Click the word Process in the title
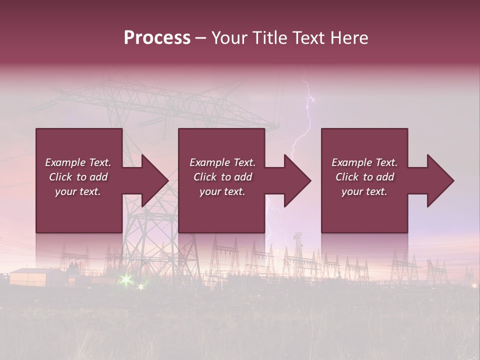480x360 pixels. pyautogui.click(x=157, y=38)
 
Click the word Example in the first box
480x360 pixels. pyautogui.click(x=65, y=162)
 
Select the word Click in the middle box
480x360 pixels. pyautogui.click(x=205, y=177)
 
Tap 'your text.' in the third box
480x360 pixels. pyautogui.click(x=364, y=191)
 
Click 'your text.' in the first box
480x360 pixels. pyautogui.click(x=78, y=191)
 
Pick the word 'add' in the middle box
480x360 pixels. pyautogui.click(x=243, y=177)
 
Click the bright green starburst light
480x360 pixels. pyautogui.click(x=125, y=279)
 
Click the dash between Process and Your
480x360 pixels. pyautogui.click(x=200, y=38)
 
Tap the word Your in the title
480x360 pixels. pyautogui.click(x=227, y=38)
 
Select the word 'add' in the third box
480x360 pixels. pyautogui.click(x=385, y=177)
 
